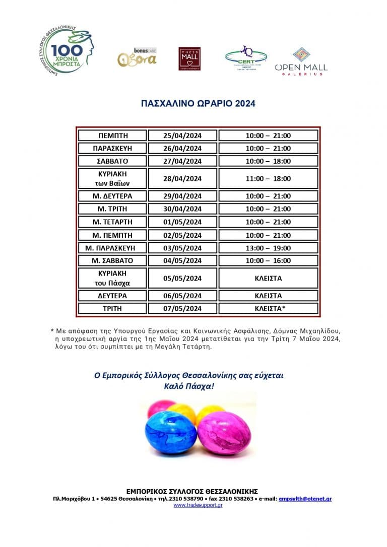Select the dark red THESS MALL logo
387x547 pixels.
(189, 59)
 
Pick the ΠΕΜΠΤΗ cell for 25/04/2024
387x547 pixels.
(113, 135)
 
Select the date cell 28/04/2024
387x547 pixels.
(182, 178)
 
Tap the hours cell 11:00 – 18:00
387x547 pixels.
(268, 178)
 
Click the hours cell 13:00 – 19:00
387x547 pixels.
(268, 248)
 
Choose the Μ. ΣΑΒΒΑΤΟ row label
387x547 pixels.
(113, 261)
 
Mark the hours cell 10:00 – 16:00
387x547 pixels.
(268, 261)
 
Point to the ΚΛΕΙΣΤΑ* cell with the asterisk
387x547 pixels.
(268, 308)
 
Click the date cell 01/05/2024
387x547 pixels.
(182, 222)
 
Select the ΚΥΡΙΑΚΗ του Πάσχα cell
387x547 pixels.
(113, 278)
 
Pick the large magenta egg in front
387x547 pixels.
(224, 432)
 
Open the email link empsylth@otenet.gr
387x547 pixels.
(305, 499)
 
